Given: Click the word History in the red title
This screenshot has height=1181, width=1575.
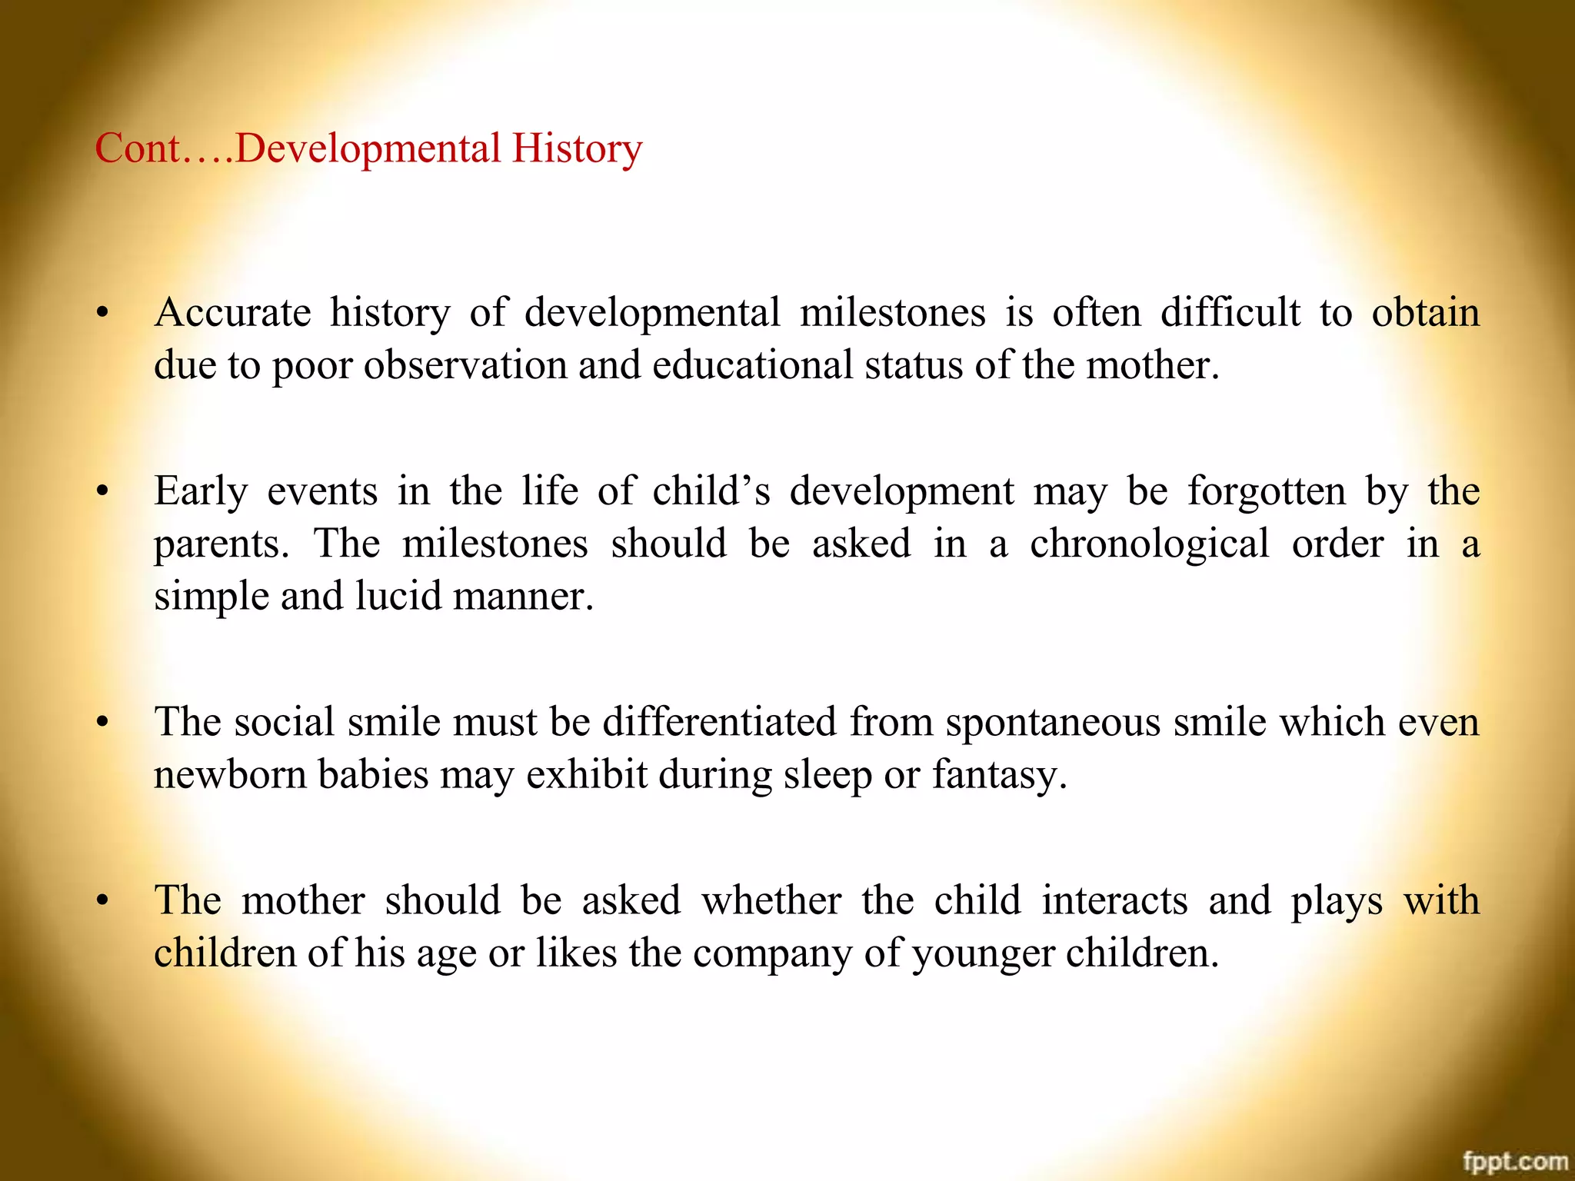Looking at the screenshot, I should [577, 149].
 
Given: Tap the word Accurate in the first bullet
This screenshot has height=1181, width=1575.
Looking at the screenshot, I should [232, 313].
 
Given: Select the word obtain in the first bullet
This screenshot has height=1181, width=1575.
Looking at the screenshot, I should [1426, 313].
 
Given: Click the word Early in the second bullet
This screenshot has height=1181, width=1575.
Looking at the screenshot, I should [201, 491].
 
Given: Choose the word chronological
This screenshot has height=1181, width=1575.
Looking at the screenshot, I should [1150, 544].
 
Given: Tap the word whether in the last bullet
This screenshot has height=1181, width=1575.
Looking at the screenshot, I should [771, 900].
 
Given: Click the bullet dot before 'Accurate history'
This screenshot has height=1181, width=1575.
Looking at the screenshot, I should [102, 314].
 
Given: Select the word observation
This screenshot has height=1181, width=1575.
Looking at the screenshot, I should [465, 365].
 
